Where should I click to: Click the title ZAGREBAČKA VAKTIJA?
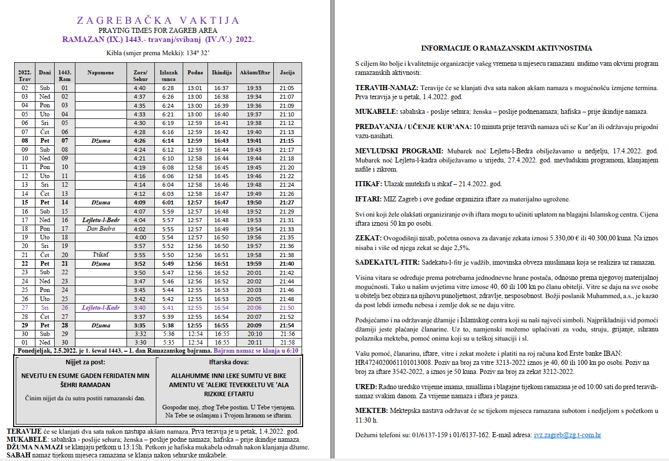158,20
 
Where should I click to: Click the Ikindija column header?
222,72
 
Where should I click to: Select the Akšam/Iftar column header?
255,72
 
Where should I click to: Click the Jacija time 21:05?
287,88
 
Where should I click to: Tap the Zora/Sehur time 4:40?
140,88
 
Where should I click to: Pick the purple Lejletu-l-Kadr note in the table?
101,308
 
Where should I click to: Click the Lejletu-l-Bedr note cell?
101,220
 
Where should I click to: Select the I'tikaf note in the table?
101,255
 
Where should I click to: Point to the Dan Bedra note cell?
101,229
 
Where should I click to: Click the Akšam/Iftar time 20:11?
255,343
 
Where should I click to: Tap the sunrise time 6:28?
168,88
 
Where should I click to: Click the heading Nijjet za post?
85,362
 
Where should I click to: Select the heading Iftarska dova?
229,362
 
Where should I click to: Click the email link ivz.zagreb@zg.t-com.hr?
567,435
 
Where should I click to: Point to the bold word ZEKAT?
368,238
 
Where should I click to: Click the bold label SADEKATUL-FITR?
387,262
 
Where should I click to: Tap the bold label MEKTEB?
371,411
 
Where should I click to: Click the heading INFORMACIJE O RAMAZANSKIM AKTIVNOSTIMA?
507,48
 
